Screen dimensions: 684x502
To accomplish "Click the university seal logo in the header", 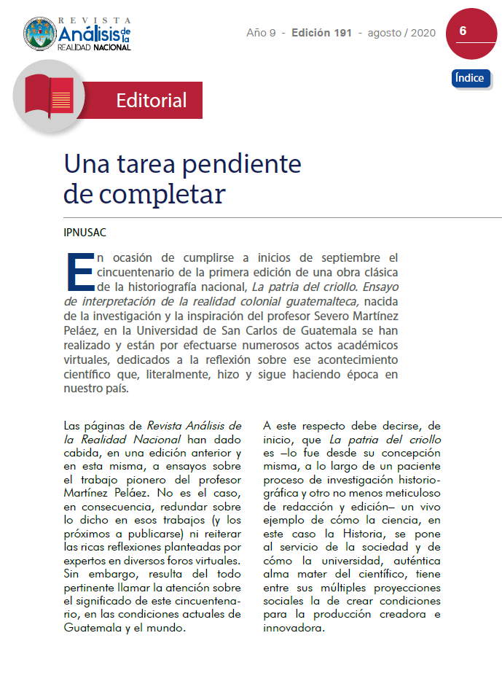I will (40, 34).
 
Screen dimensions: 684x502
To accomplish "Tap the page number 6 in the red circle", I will (463, 31).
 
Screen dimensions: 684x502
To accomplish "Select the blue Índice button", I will (470, 78).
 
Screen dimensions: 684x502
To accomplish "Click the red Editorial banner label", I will (151, 100).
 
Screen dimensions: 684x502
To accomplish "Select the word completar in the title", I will (162, 194).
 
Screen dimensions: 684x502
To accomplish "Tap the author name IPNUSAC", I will (85, 233).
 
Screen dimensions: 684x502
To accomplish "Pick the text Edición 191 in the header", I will (321, 33).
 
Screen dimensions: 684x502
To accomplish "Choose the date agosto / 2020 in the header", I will (401, 33).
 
